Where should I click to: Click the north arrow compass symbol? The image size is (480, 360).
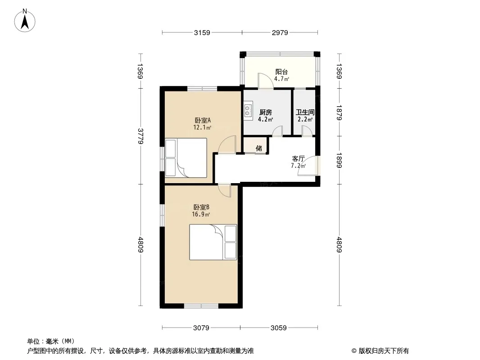pos(25,21)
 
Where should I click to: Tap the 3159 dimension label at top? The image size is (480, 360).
pos(202,32)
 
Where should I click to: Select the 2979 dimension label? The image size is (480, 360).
pos(280,32)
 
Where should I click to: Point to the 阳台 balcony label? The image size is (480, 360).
pos(281,72)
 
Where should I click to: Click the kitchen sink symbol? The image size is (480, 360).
pos(248,110)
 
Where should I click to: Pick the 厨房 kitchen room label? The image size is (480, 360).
pos(265,112)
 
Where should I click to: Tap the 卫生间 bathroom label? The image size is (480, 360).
pos(305,112)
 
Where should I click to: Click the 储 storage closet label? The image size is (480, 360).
pos(258,148)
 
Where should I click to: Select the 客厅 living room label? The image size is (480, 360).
pos(298,158)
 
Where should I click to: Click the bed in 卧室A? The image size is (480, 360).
pos(186,158)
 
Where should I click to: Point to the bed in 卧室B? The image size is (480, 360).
pos(213,242)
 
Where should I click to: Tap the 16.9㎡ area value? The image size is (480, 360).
pos(201,214)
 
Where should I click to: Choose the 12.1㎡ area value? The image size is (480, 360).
pos(202,127)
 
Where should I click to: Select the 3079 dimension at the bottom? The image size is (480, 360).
pos(201,328)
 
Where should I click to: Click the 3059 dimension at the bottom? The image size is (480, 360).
pos(279,328)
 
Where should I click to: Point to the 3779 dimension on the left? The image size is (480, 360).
pos(140,136)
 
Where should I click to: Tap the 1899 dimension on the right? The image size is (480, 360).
pos(339,160)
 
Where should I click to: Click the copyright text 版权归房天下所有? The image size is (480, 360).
pos(384,351)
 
